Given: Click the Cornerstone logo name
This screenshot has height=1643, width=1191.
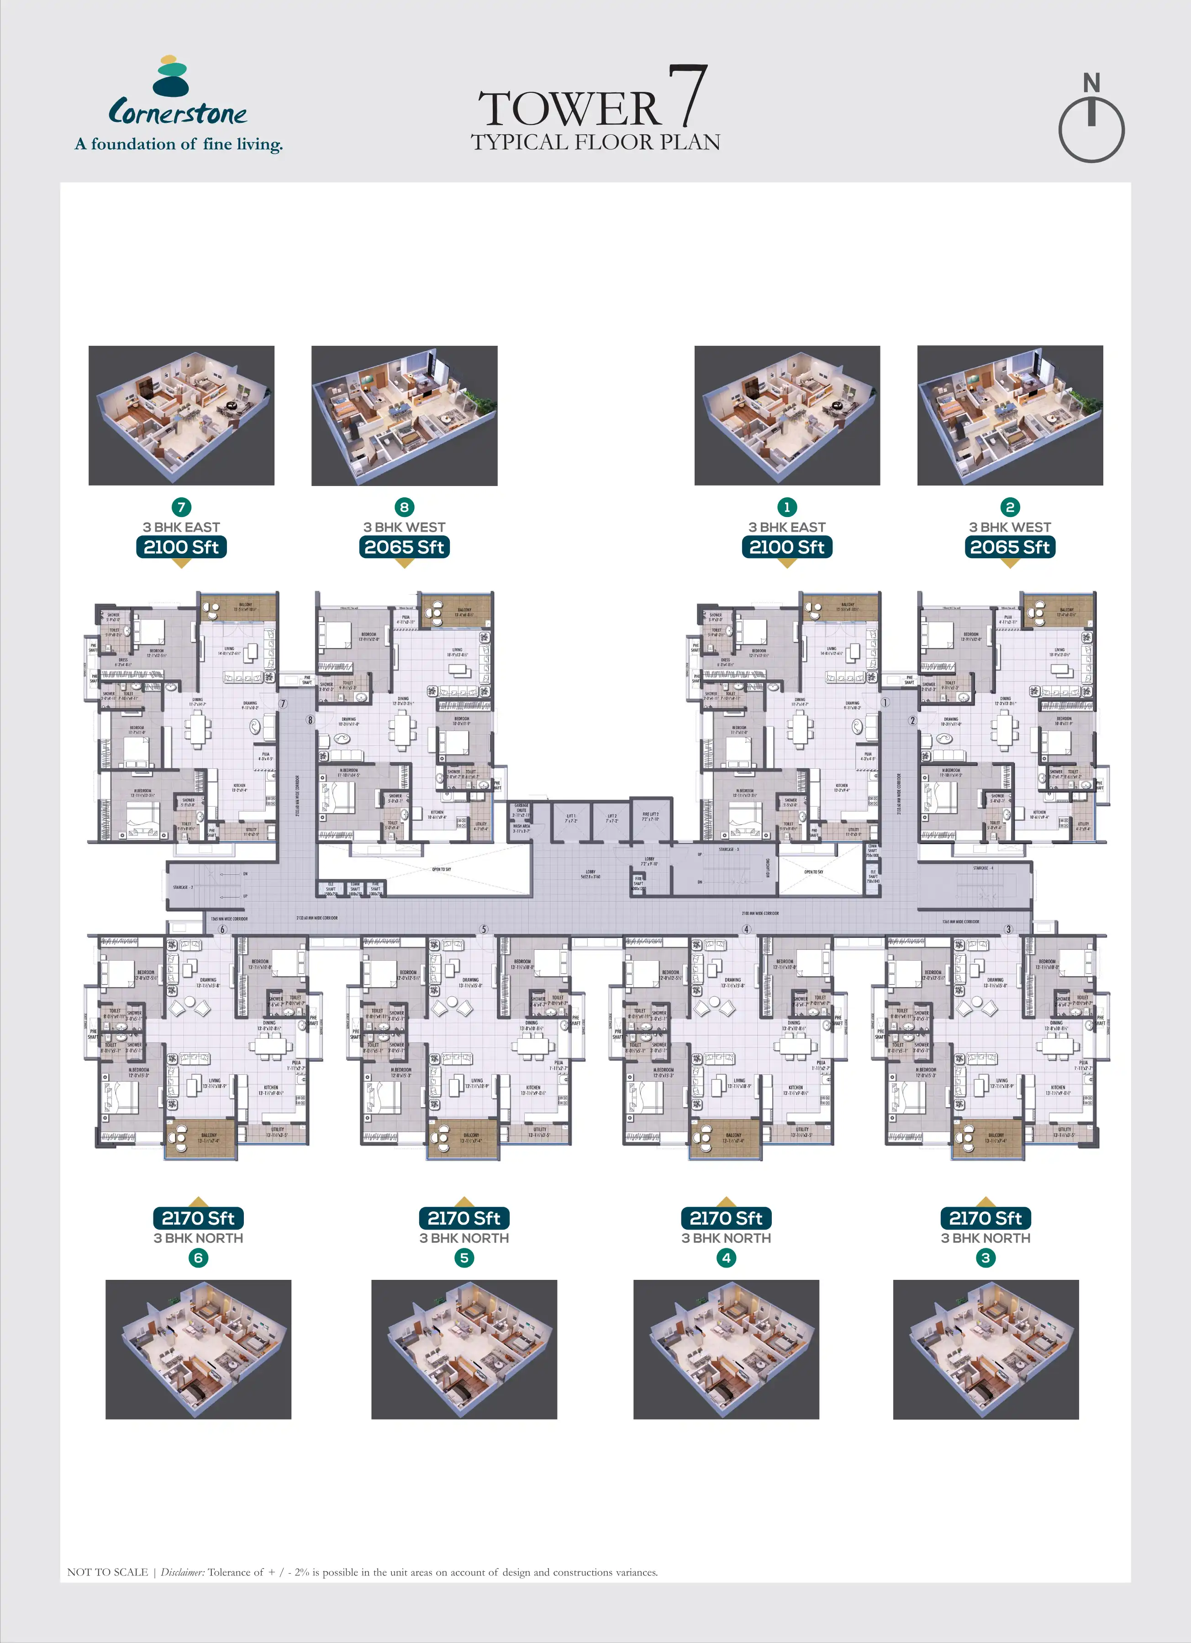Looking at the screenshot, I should click(178, 113).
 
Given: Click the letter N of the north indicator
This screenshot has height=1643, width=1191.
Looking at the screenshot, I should click(1091, 83).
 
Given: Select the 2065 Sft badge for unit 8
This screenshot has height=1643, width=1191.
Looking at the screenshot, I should click(404, 547).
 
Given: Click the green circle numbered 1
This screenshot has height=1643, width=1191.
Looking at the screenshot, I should click(787, 507).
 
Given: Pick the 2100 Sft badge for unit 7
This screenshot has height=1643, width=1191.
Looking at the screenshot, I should click(181, 547).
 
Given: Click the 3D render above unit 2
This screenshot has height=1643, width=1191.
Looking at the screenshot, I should click(1010, 415).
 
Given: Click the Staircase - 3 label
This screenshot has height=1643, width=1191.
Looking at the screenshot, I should click(727, 849).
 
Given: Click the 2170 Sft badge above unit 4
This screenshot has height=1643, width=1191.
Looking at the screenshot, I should click(726, 1218).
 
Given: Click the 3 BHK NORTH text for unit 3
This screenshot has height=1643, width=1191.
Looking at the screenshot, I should click(985, 1238).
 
